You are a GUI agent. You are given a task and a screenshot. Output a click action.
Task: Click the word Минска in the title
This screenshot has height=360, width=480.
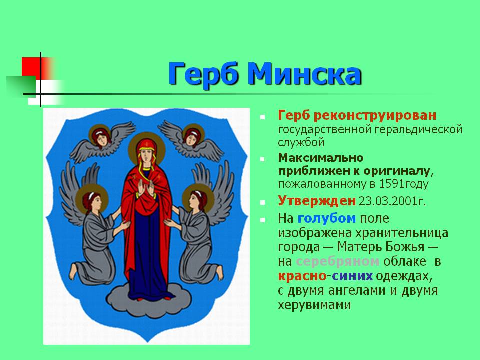(305, 74)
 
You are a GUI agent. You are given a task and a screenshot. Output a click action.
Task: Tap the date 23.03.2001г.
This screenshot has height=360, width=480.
(392, 201)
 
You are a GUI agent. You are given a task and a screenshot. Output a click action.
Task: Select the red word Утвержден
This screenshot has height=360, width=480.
(317, 201)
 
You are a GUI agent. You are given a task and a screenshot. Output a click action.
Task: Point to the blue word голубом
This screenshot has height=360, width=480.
(326, 218)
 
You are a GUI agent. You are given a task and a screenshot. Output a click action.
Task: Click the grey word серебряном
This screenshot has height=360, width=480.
(338, 261)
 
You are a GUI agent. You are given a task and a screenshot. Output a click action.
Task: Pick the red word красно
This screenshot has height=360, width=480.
(302, 276)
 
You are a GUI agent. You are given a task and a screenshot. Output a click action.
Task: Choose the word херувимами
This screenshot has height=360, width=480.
(314, 305)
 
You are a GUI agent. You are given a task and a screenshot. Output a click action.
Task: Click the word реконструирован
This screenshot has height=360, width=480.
(375, 116)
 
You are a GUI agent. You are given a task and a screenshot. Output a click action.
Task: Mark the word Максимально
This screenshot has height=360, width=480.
(321, 158)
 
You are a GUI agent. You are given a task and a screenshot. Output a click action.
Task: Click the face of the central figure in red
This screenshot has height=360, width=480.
(147, 154)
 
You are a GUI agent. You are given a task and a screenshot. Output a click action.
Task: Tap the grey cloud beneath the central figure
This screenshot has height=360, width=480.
(149, 300)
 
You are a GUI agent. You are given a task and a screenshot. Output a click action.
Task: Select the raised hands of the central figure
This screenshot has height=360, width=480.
(146, 187)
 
